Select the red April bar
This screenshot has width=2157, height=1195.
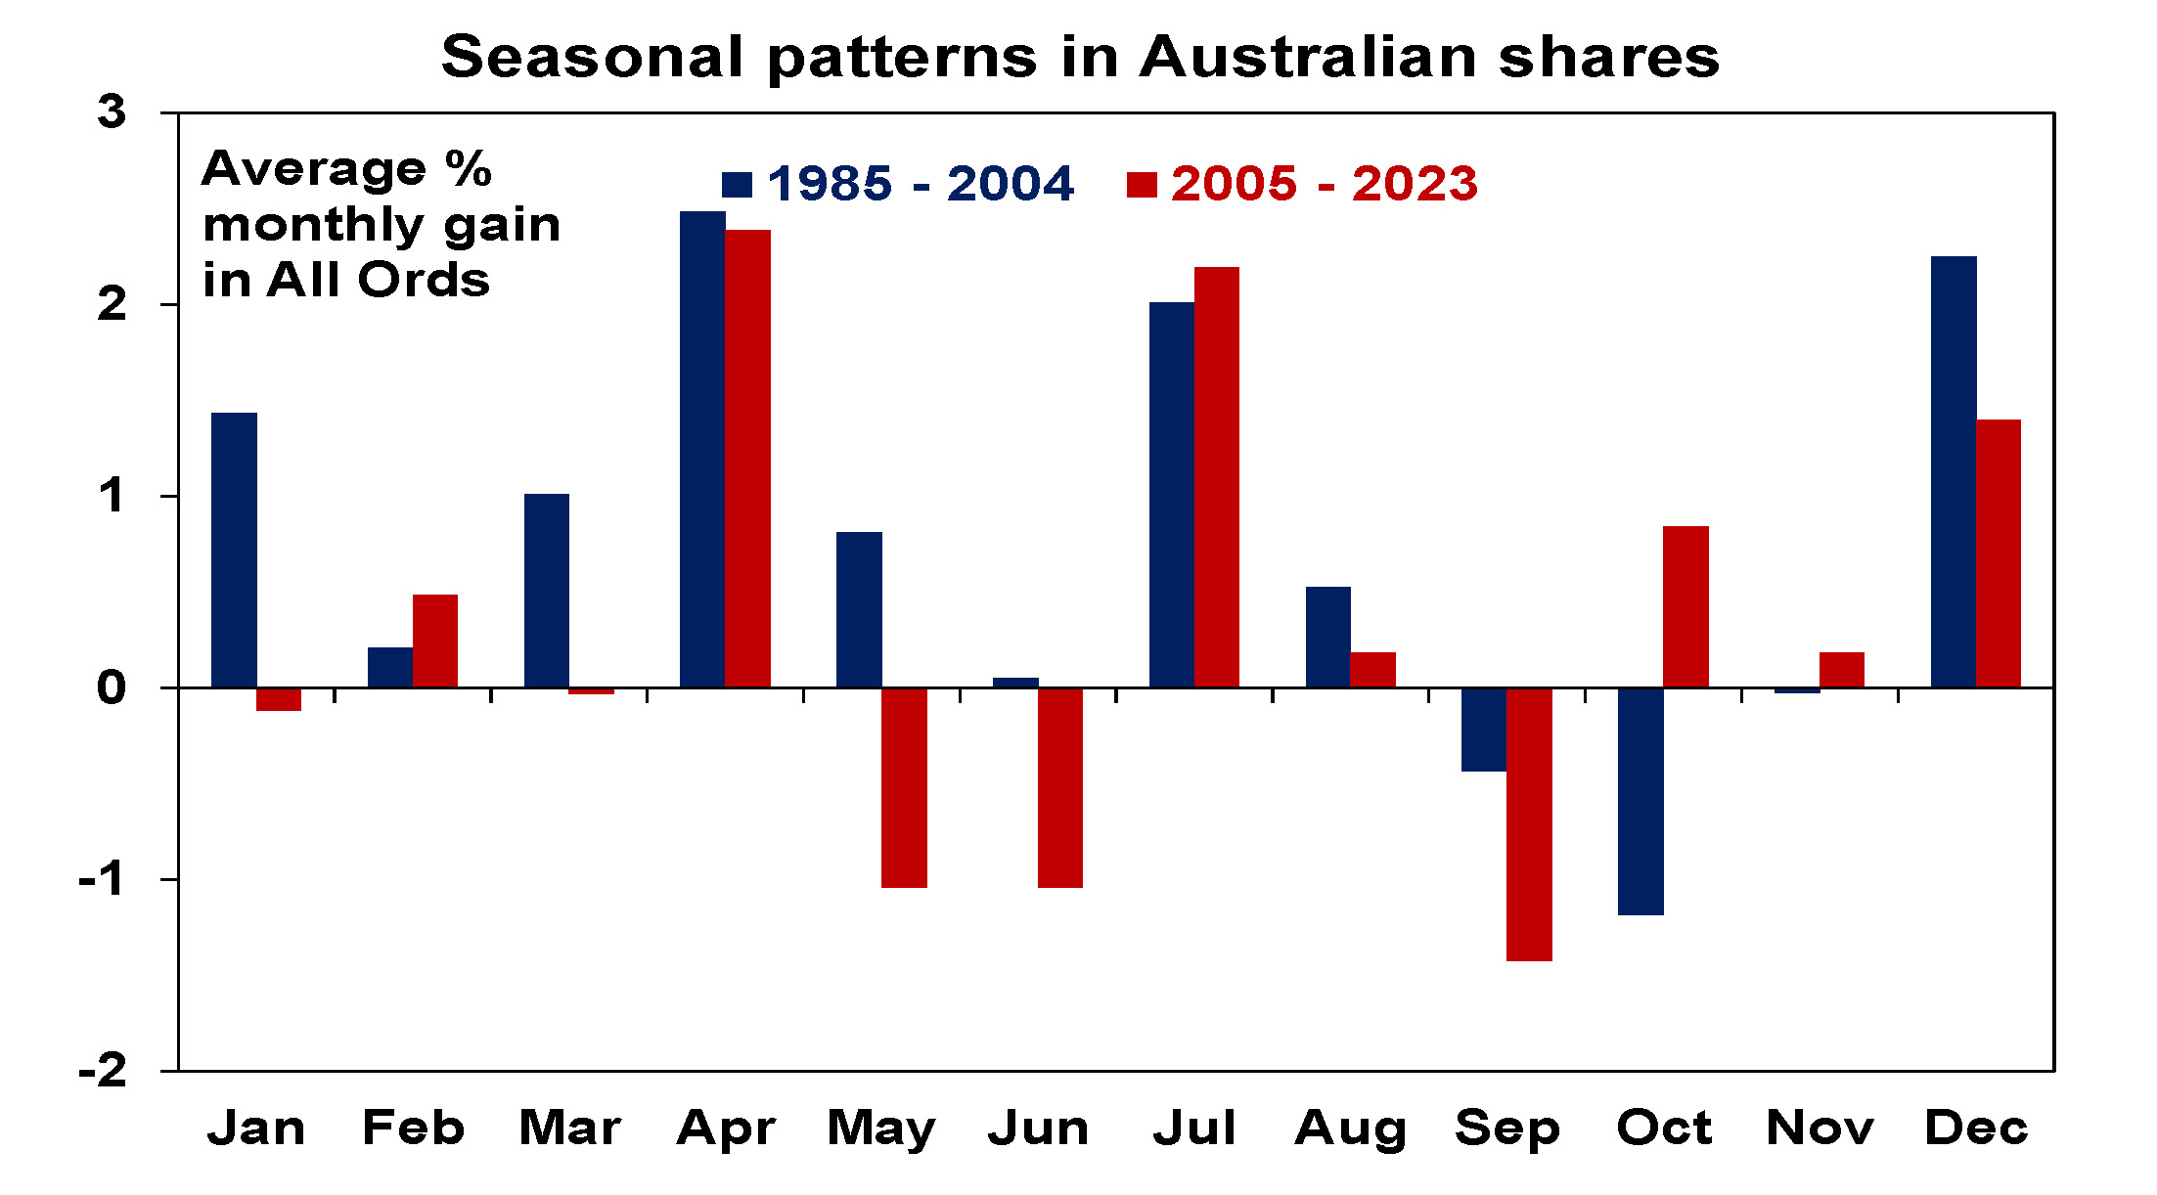[x=748, y=459]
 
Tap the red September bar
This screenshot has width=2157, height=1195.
[x=1529, y=824]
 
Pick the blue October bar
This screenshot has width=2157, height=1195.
[x=1640, y=801]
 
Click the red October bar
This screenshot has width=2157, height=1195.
[x=1685, y=606]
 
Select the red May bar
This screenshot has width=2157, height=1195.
[x=904, y=787]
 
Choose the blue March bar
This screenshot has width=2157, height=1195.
[x=546, y=591]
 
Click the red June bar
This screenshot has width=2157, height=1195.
[x=1060, y=787]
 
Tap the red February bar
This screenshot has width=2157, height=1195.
[x=435, y=641]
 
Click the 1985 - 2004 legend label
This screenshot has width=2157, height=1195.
[x=920, y=184]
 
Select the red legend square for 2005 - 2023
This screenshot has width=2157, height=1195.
[x=1142, y=185]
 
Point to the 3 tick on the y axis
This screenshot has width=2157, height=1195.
[x=112, y=112]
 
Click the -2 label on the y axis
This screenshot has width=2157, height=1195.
[x=103, y=1071]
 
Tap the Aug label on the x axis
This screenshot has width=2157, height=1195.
[x=1351, y=1129]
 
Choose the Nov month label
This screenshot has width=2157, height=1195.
[x=1820, y=1129]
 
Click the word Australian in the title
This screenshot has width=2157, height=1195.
[x=1308, y=56]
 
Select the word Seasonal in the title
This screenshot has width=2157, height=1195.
[x=593, y=56]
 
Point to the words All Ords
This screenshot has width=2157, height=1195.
[x=378, y=281]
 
